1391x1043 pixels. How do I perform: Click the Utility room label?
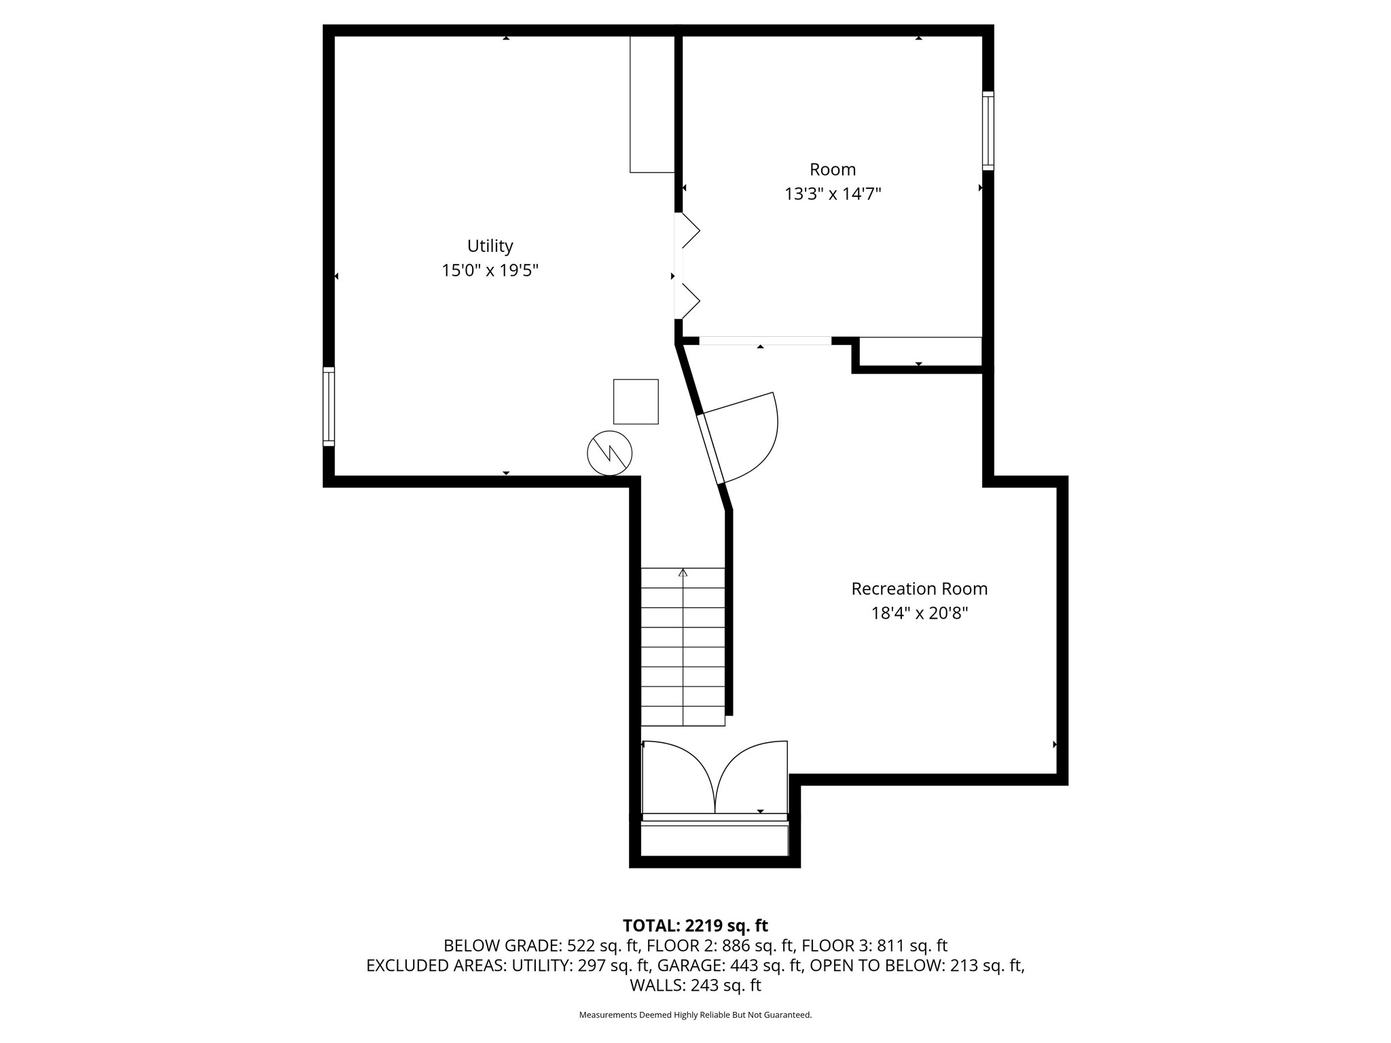click(x=490, y=246)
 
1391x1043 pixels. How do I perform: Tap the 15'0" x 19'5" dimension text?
click(x=490, y=271)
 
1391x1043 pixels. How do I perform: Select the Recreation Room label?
click(x=919, y=589)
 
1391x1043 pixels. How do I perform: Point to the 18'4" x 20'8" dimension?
click(x=919, y=614)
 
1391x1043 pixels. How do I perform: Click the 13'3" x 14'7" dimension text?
click(x=833, y=194)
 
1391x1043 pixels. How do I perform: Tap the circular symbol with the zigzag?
click(x=609, y=453)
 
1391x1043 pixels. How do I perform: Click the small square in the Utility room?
click(x=636, y=401)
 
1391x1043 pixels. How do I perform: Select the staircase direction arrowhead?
click(x=683, y=572)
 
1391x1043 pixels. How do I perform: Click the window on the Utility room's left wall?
click(x=329, y=407)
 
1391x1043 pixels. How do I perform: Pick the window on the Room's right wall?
click(x=988, y=131)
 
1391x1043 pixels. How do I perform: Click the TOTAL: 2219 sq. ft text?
click(x=695, y=926)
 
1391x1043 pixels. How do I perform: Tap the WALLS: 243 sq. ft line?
click(x=695, y=985)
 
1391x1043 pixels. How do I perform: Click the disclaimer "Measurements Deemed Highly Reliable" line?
click(x=695, y=1015)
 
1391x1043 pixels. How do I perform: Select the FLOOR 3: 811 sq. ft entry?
click(x=875, y=946)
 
